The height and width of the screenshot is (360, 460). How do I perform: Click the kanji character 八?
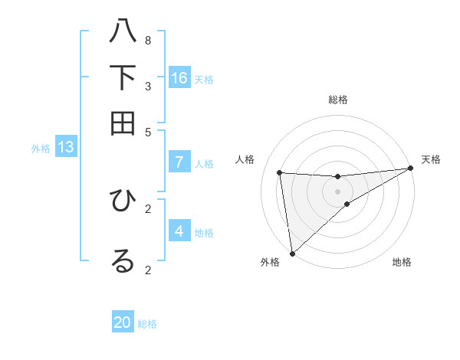tap(123, 32)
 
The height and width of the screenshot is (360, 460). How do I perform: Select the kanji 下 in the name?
tap(123, 77)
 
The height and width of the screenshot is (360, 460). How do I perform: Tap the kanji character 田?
tap(123, 122)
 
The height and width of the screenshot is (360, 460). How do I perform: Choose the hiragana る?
tap(123, 260)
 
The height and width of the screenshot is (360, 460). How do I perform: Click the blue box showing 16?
tap(179, 78)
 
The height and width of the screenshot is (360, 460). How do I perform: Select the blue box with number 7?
tap(179, 162)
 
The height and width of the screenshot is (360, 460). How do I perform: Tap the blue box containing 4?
tap(179, 231)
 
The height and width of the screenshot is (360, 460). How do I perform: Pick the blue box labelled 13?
tap(66, 147)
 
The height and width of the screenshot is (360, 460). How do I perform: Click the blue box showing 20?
tap(123, 322)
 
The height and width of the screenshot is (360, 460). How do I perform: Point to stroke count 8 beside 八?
tap(148, 40)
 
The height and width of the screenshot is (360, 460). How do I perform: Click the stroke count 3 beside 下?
tap(148, 86)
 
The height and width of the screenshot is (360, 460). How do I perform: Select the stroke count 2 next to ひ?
tap(148, 208)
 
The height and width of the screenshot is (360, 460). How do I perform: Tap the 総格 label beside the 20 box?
tap(148, 324)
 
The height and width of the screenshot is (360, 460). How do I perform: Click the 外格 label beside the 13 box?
tap(41, 149)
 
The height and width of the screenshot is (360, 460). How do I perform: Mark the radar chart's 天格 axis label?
tap(431, 159)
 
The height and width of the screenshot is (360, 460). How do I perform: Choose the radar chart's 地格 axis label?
tap(402, 262)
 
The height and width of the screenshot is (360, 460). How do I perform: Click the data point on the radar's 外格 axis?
tap(292, 253)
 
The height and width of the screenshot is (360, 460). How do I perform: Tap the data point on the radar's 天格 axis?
tap(410, 169)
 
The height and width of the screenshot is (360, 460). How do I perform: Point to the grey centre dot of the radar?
tap(337, 191)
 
